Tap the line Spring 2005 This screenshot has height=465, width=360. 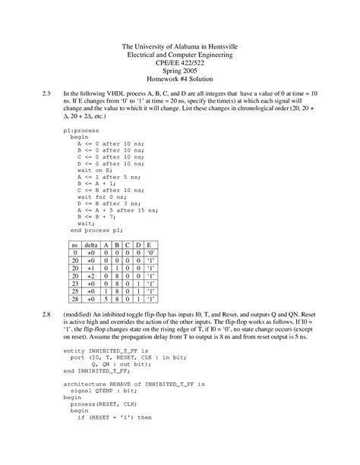point(180,71)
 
